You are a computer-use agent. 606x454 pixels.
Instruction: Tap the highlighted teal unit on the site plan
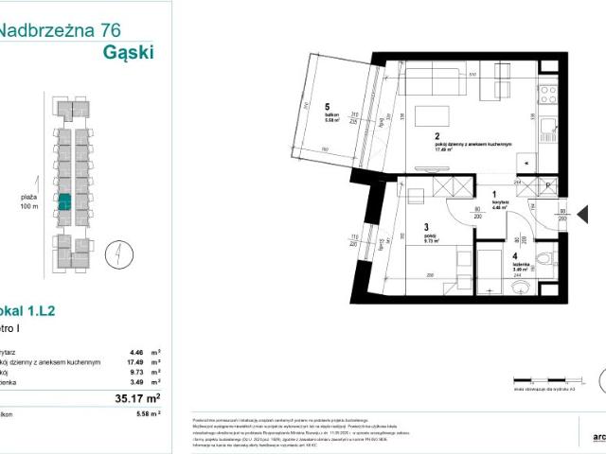(x=65, y=201)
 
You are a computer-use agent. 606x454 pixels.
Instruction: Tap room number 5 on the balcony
(x=327, y=106)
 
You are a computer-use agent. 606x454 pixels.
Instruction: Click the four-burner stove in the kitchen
(x=549, y=94)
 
